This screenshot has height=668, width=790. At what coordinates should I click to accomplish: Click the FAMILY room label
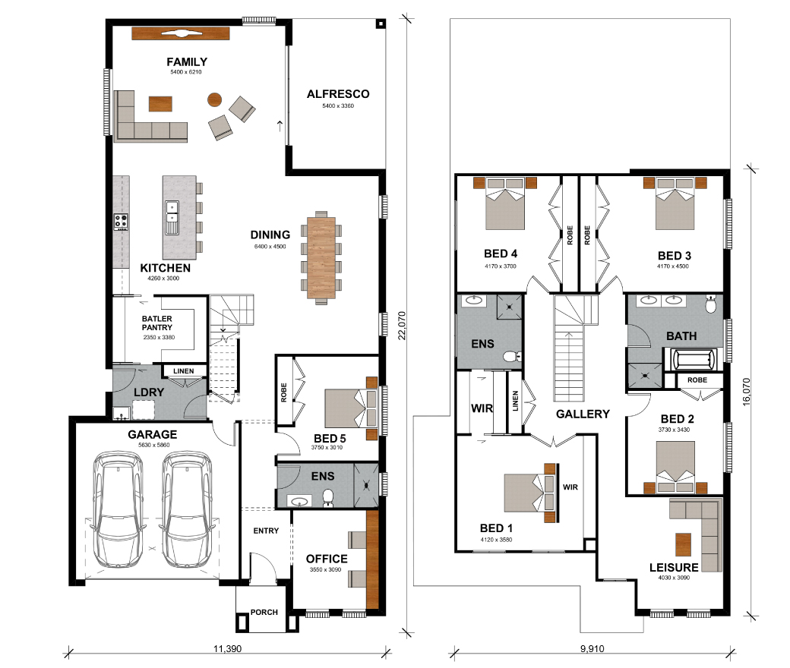coord(187,62)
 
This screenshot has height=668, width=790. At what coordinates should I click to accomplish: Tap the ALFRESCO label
coord(338,94)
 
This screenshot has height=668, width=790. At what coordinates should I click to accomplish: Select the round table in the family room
coord(215,99)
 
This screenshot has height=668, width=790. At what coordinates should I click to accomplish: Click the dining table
coord(321,258)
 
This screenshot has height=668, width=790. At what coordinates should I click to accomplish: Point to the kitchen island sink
coord(172,218)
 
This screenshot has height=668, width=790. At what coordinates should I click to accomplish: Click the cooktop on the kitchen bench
coord(121,222)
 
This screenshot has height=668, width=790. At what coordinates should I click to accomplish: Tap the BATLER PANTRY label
coord(156,323)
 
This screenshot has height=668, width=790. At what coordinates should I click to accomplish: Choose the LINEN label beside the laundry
coord(183,371)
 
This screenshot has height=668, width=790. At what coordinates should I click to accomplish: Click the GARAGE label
coord(152,434)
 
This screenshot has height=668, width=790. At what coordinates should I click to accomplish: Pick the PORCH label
coord(264,612)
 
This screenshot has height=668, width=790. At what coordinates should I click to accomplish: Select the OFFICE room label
coord(327,559)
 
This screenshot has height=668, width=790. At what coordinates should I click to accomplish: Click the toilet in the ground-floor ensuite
coord(328,497)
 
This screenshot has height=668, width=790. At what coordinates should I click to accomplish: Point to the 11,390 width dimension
coord(227,649)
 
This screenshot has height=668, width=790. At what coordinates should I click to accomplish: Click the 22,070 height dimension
coord(402,326)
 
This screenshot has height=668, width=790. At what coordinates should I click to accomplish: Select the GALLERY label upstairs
coord(583,414)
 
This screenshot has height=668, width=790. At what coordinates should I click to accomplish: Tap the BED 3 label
coord(674,256)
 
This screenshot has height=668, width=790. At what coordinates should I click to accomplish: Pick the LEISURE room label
coord(674,567)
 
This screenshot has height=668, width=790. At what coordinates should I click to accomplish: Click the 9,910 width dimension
coord(592,649)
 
